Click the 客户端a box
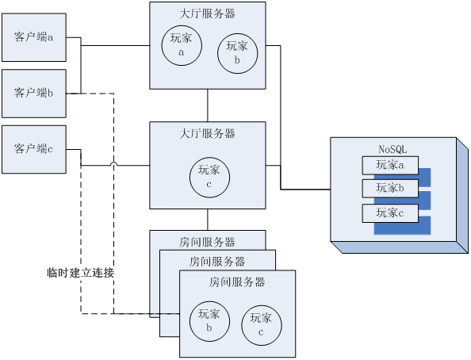[34, 37]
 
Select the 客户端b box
[34, 94]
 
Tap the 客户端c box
[34, 149]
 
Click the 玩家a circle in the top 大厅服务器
[182, 45]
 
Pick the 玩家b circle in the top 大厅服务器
[237, 53]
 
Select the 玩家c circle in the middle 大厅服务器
[209, 178]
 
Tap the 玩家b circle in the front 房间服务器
[209, 321]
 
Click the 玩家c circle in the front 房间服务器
[262, 325]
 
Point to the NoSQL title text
[392, 149]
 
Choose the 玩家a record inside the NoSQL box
[390, 165]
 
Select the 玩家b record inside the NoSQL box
[390, 189]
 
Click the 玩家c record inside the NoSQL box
[390, 213]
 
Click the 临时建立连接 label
[81, 273]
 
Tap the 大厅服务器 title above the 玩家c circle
[207, 133]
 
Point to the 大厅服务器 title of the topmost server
[207, 13]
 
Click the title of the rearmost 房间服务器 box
[207, 242]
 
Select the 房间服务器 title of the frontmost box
[237, 281]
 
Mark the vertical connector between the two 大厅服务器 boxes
[208, 105]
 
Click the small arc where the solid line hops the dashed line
[113, 164]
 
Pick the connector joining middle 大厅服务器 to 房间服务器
[208, 220]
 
